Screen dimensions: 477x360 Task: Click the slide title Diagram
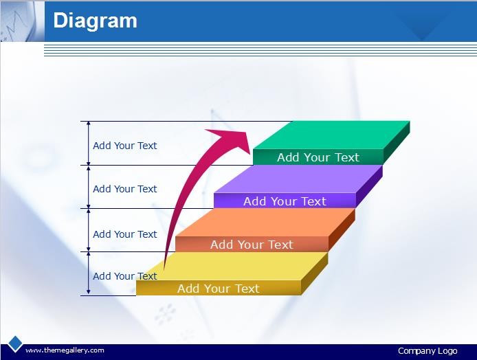tap(96, 21)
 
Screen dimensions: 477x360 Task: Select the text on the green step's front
tap(318, 157)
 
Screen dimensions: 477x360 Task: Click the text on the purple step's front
tap(285, 201)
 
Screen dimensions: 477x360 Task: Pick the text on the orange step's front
tap(252, 245)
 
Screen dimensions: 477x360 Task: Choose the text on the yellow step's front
tap(219, 289)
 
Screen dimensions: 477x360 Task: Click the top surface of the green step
tap(331, 135)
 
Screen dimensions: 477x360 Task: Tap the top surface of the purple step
tap(298, 179)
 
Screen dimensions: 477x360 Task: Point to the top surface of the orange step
tap(265, 223)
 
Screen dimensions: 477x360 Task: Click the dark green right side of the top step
tap(397, 142)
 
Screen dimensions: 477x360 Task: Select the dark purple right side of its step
tap(369, 186)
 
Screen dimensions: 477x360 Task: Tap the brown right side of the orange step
tap(342, 230)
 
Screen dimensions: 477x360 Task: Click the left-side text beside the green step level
tap(124, 146)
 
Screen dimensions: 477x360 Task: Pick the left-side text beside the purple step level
tap(124, 189)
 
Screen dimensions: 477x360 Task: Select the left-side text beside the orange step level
tap(124, 234)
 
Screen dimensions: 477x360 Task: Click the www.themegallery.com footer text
tap(65, 350)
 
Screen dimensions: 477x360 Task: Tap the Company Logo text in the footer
tap(428, 351)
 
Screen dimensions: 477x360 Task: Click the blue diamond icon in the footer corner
tap(15, 344)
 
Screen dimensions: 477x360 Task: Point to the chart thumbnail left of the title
tap(19, 21)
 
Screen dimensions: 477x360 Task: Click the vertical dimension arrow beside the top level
tap(89, 143)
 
